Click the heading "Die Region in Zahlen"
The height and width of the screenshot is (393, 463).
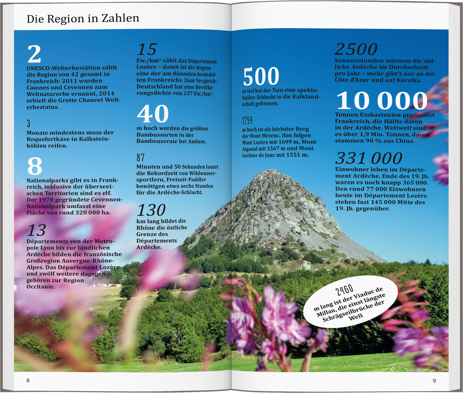click(83, 19)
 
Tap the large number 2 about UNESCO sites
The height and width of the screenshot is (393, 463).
click(34, 54)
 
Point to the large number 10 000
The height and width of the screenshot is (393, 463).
click(382, 101)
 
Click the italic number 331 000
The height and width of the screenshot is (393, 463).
click(369, 158)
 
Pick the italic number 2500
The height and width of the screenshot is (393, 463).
click(356, 49)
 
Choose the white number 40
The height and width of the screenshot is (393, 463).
click(153, 114)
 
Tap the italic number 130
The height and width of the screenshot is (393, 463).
click(151, 210)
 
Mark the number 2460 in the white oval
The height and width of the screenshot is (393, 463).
click(344, 290)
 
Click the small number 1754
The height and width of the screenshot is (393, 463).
click(247, 120)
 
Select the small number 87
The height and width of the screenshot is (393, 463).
click(140, 158)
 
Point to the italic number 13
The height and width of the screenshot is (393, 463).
click(37, 230)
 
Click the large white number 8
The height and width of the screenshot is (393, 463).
click(35, 166)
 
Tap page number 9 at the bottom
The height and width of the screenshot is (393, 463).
click(434, 381)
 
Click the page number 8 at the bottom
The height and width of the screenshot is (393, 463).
click(28, 380)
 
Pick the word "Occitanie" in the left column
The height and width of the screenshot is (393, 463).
click(41, 287)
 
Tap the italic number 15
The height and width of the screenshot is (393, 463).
click(147, 49)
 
